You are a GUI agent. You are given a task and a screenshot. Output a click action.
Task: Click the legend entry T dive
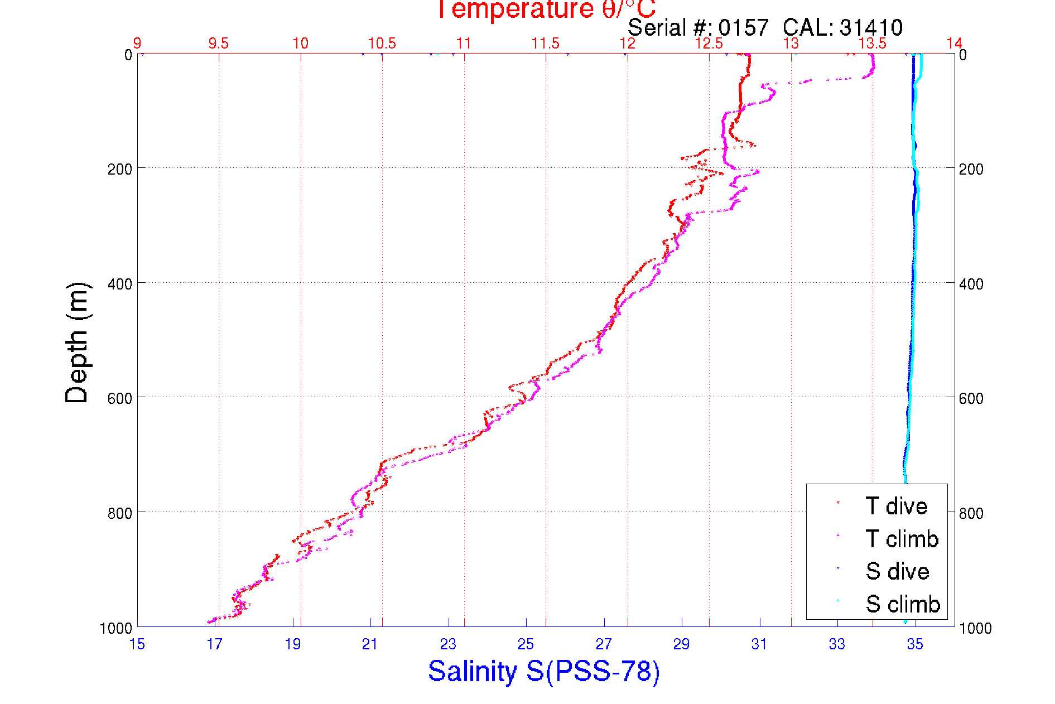tap(896, 506)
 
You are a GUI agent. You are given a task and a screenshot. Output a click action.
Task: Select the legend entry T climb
tap(902, 539)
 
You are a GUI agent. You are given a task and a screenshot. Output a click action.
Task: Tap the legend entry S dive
tap(897, 571)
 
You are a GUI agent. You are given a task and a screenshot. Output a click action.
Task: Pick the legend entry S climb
tap(903, 604)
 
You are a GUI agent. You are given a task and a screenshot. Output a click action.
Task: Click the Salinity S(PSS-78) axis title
tap(544, 671)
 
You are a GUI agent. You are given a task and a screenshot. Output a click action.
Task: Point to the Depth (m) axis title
tap(77, 343)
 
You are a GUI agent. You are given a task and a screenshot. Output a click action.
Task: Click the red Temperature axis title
tap(546, 9)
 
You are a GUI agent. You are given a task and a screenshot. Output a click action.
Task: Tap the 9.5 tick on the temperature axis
tap(218, 44)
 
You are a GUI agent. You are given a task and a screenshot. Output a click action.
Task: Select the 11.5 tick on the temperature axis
tap(545, 44)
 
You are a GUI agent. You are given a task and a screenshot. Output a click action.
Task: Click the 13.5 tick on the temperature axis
tap(872, 44)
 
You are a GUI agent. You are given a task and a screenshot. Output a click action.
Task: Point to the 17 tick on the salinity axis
tap(214, 644)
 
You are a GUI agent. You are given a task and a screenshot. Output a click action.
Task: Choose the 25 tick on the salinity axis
tap(526, 644)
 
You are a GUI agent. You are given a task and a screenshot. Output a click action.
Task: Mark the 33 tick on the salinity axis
tap(837, 644)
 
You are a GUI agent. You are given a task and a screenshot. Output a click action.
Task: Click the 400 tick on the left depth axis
tap(119, 284)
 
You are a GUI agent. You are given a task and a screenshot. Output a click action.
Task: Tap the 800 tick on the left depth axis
tap(119, 513)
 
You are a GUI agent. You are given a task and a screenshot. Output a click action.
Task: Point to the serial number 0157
tap(743, 27)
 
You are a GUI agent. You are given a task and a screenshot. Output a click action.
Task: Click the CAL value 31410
tap(871, 27)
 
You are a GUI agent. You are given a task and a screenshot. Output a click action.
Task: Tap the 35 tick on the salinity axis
tap(914, 644)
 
